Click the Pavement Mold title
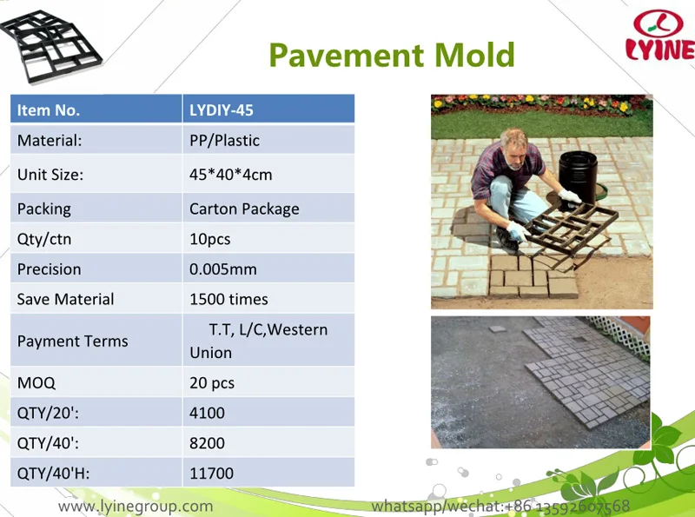[392, 54]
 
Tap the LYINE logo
[659, 36]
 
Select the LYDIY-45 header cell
[222, 110]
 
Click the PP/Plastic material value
[224, 140]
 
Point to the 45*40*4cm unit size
[230, 175]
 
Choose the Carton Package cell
[244, 209]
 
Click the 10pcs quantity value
[210, 239]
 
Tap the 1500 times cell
[228, 299]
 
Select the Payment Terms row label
[72, 341]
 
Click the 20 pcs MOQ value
[212, 382]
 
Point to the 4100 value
[207, 413]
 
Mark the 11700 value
[211, 474]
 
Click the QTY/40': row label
[48, 443]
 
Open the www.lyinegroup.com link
[136, 506]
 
